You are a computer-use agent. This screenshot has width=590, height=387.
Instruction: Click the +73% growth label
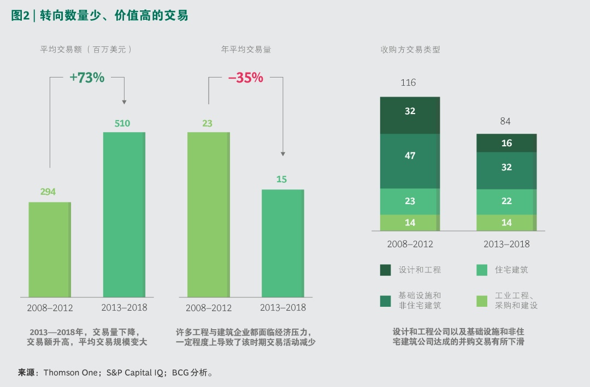point(87,78)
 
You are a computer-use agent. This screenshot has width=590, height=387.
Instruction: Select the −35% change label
point(245,78)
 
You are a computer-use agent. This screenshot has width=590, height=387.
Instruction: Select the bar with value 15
point(282,243)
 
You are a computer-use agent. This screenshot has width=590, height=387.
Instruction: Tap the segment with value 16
point(506,143)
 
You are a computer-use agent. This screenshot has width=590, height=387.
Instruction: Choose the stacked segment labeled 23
point(410,201)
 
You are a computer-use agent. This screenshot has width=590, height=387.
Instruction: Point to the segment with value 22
point(506,201)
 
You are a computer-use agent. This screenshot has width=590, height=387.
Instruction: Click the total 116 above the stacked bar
point(408,83)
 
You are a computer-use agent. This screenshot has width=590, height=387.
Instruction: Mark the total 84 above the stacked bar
point(505,121)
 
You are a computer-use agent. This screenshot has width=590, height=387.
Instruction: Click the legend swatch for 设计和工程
point(386,270)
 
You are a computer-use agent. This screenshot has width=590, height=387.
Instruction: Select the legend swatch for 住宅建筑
point(482,270)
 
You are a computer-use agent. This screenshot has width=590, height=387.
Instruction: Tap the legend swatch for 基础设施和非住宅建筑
point(386,301)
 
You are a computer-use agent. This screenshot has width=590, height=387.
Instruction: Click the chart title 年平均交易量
point(246,49)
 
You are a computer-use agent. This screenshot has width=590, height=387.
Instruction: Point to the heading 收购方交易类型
point(410,49)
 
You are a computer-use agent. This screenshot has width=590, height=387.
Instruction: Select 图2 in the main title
point(20,16)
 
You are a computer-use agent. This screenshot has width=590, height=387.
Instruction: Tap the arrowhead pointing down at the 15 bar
point(282,154)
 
